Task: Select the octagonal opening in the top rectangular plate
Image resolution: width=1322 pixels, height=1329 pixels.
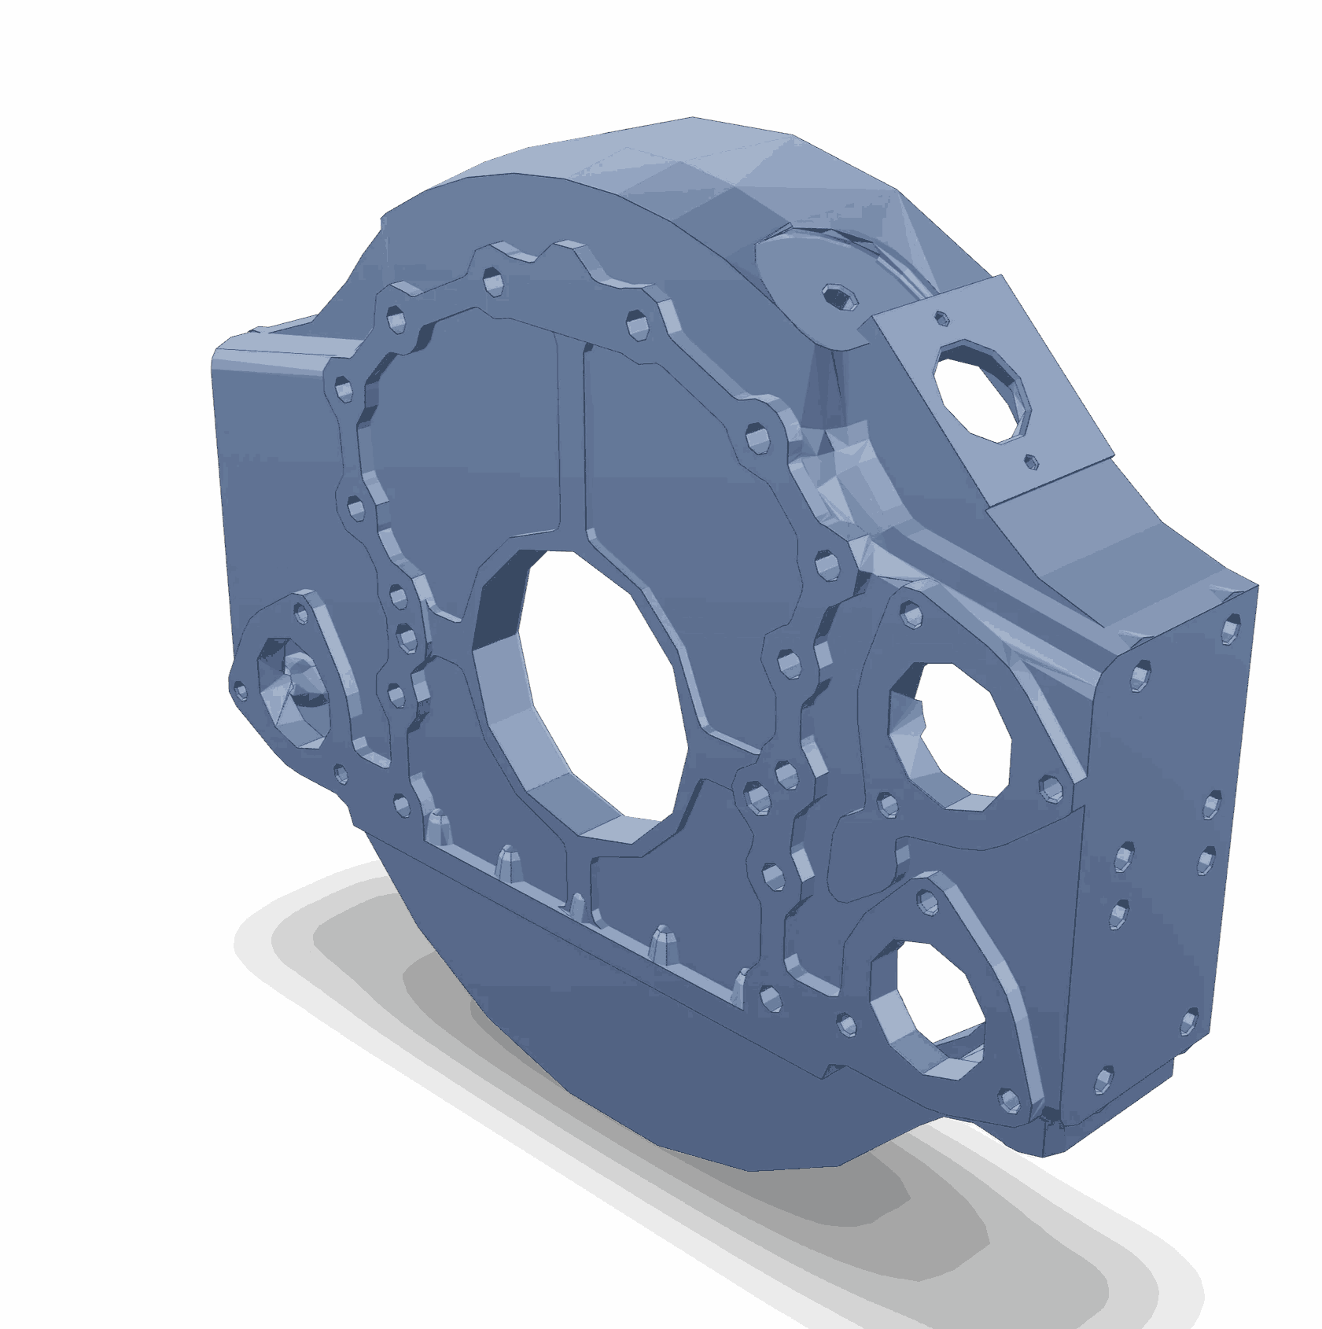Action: (979, 389)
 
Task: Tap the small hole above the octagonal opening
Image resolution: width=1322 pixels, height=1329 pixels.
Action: (939, 317)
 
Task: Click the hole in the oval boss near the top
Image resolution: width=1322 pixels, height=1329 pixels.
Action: (834, 296)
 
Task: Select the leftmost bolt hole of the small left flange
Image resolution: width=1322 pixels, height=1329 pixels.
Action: (241, 690)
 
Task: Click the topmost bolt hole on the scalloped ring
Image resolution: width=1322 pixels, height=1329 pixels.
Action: (493, 278)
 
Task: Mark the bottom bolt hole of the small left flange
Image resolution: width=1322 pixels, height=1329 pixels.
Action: (340, 774)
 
